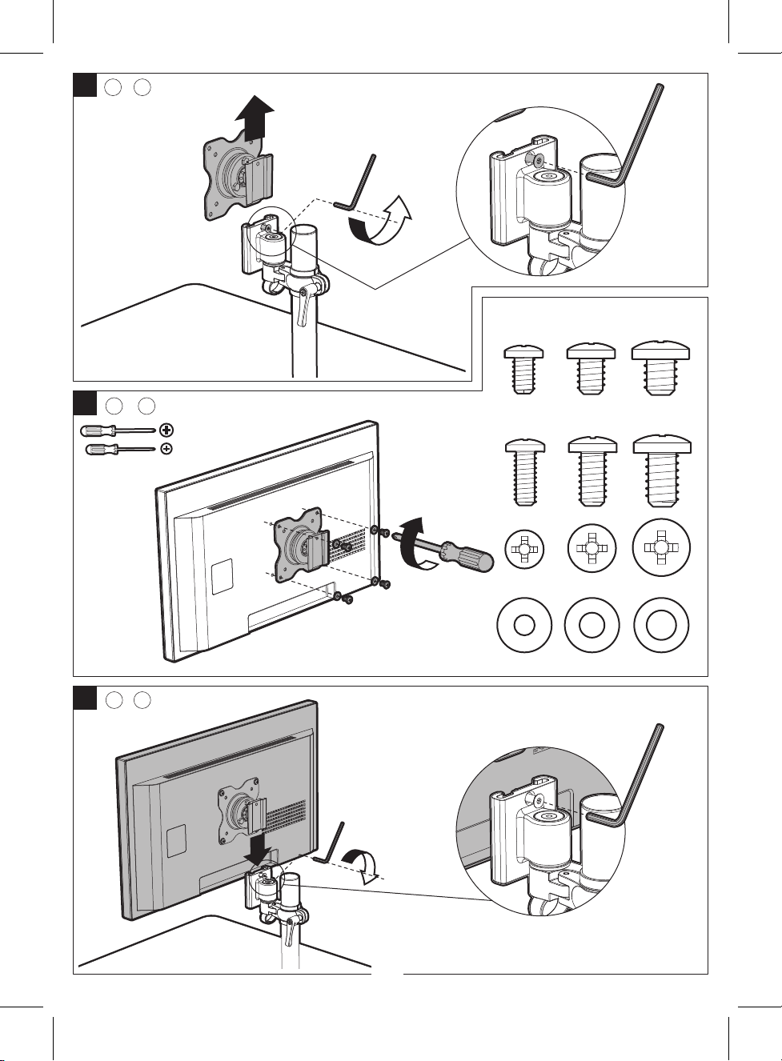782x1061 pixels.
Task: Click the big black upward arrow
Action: coord(255,117)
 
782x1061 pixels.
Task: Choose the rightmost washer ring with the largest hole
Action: coord(660,624)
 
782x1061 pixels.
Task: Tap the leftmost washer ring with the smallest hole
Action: coord(523,625)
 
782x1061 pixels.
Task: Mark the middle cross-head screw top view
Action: coord(592,548)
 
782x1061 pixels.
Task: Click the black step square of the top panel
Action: coord(85,85)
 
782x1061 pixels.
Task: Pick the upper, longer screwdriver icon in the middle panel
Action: coord(118,430)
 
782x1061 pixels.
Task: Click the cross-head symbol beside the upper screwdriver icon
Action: coord(166,430)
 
